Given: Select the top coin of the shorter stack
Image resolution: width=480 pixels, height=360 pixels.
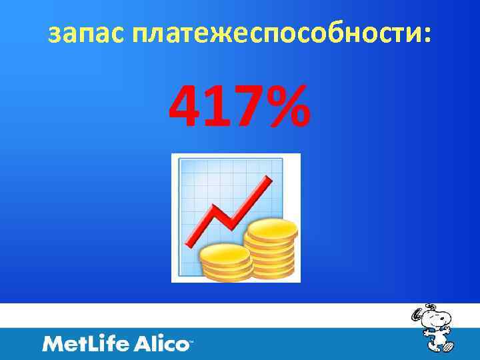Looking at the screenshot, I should [225, 253].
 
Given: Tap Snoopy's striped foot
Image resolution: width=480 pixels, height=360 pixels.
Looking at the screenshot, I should [447, 347].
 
